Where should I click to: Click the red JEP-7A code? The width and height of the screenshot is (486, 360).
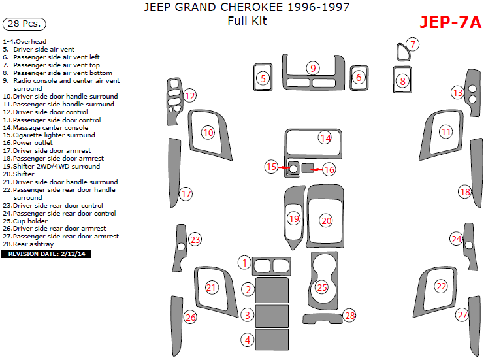pyautogui.click(x=451, y=22)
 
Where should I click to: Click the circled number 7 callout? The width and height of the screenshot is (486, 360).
pyautogui.click(x=412, y=44)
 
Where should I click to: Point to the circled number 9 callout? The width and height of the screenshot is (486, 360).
pyautogui.click(x=314, y=68)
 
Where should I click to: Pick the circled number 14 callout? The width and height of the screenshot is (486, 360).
pyautogui.click(x=325, y=138)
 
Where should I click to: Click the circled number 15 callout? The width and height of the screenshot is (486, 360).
pyautogui.click(x=272, y=167)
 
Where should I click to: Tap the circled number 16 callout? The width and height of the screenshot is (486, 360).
pyautogui.click(x=329, y=170)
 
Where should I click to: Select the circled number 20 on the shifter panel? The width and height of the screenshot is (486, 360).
pyautogui.click(x=326, y=221)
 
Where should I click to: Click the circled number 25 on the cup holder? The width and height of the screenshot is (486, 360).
pyautogui.click(x=321, y=287)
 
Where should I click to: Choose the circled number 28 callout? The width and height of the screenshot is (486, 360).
pyautogui.click(x=350, y=316)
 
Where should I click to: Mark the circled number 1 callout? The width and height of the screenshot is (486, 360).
pyautogui.click(x=244, y=263)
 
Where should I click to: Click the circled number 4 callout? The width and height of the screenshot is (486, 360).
pyautogui.click(x=248, y=340)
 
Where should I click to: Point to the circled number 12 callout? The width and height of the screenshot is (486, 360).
pyautogui.click(x=189, y=96)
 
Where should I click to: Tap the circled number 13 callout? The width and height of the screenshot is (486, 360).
pyautogui.click(x=458, y=93)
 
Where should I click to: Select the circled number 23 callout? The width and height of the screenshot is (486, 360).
pyautogui.click(x=195, y=240)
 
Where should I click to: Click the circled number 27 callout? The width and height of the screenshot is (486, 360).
pyautogui.click(x=462, y=315)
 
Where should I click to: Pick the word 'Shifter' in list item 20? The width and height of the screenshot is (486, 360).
pyautogui.click(x=25, y=174)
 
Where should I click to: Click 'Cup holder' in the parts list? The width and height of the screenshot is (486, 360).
pyautogui.click(x=29, y=221)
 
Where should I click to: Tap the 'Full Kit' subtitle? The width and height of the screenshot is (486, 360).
pyautogui.click(x=247, y=21)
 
